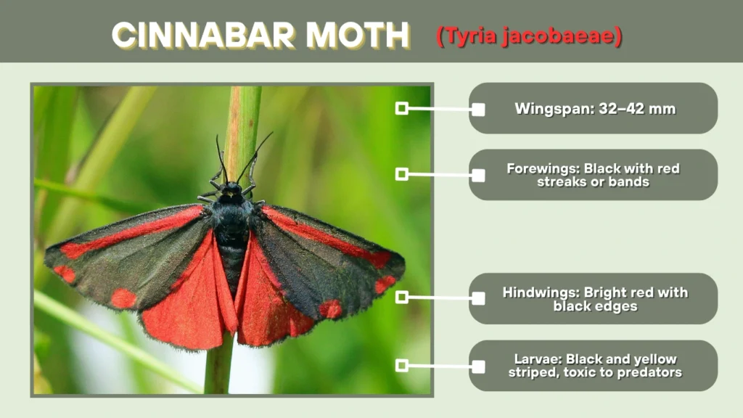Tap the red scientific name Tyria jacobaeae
click(x=529, y=36)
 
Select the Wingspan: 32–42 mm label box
click(x=594, y=109)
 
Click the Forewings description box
click(x=594, y=175)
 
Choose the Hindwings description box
click(x=594, y=299)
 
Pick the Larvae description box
click(x=594, y=366)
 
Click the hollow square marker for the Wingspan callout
click(x=401, y=108)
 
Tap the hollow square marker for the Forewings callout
click(x=401, y=174)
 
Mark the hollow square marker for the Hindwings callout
click(x=401, y=298)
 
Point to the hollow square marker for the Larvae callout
click(x=401, y=365)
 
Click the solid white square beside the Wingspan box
click(x=478, y=110)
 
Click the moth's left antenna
click(x=220, y=155)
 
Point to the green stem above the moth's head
click(x=242, y=116)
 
